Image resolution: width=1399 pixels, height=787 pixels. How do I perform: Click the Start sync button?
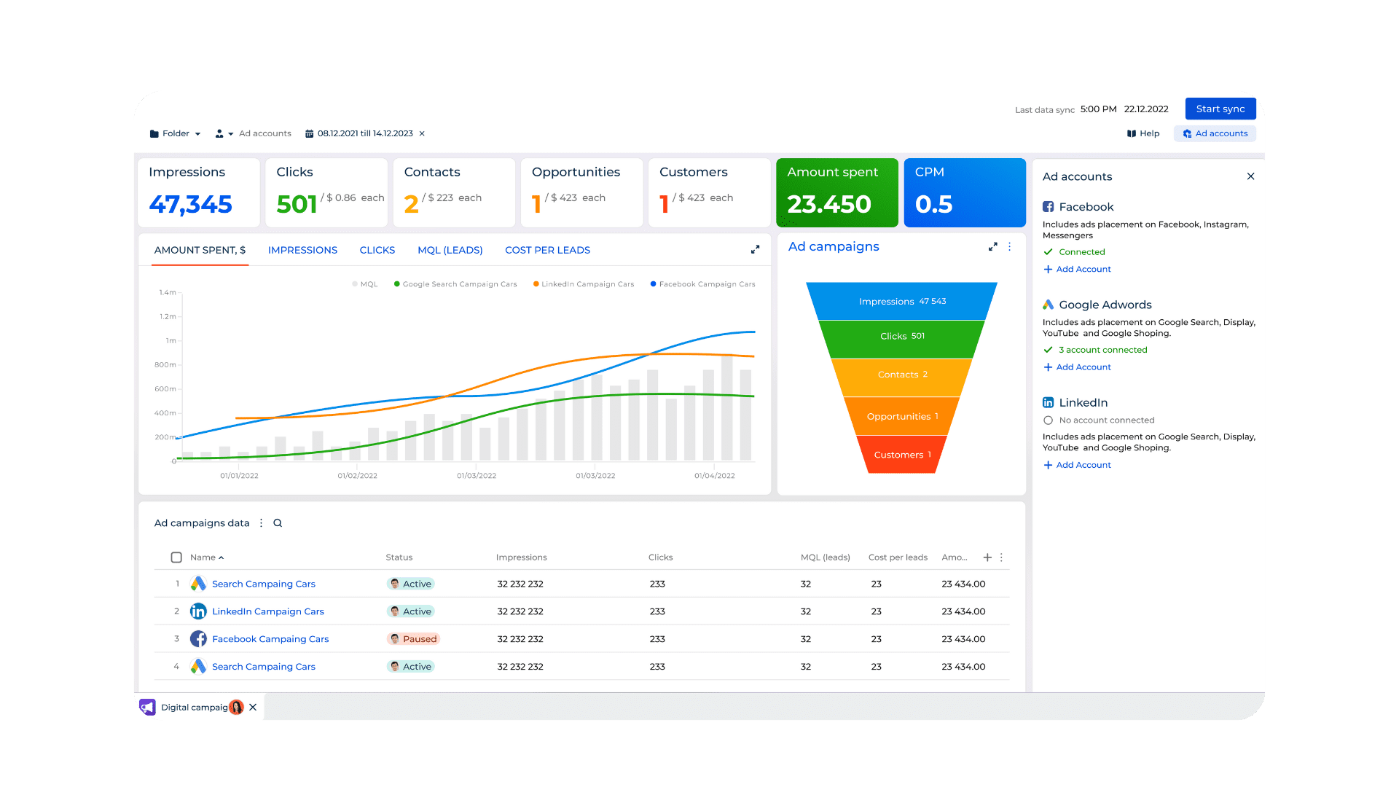pos(1220,109)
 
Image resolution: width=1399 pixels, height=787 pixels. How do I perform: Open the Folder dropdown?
pos(175,133)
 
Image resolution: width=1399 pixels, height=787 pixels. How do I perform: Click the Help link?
pos(1143,133)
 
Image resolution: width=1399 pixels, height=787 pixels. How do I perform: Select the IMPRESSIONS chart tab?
pos(302,250)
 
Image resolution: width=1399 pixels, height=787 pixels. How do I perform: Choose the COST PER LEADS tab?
pos(547,250)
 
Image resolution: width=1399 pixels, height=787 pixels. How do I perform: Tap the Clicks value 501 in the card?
pos(297,204)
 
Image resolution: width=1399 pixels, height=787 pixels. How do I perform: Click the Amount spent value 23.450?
pos(828,204)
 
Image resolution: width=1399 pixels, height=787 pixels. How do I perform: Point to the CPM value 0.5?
pos(933,204)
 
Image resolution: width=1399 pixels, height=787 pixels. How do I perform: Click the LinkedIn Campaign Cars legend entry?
pos(587,284)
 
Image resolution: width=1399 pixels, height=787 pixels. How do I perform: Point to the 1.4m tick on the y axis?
pos(167,292)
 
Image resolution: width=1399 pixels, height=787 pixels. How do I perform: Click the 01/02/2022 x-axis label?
pos(357,476)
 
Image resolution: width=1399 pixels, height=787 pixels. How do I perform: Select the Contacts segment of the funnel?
pos(902,375)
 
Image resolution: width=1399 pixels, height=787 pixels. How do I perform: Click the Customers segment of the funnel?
pos(902,455)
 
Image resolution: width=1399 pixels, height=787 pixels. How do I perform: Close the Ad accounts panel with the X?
pos(1250,176)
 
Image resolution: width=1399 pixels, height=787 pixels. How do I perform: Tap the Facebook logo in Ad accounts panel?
pos(1048,207)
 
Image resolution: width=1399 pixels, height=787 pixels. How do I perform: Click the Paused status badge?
pos(413,639)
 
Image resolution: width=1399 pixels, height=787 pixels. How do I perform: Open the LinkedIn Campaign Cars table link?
pos(267,611)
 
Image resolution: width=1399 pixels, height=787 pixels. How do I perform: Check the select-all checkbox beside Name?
pos(176,557)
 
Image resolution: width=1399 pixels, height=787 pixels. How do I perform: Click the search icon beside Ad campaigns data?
pos(278,523)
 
